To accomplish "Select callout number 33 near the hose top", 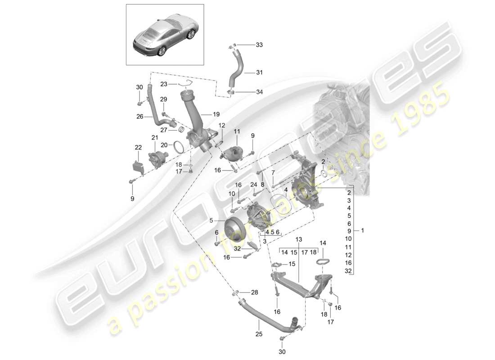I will coord(259,45).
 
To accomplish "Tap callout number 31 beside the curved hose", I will coord(259,72).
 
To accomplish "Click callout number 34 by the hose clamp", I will coord(259,92).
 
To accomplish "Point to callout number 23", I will coord(163,84).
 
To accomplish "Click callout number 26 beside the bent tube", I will coord(140,117).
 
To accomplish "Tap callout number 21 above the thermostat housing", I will coord(154,137).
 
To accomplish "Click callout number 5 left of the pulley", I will coord(211,220).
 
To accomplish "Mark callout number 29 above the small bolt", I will coord(163,99).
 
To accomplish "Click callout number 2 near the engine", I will coord(323,161).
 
